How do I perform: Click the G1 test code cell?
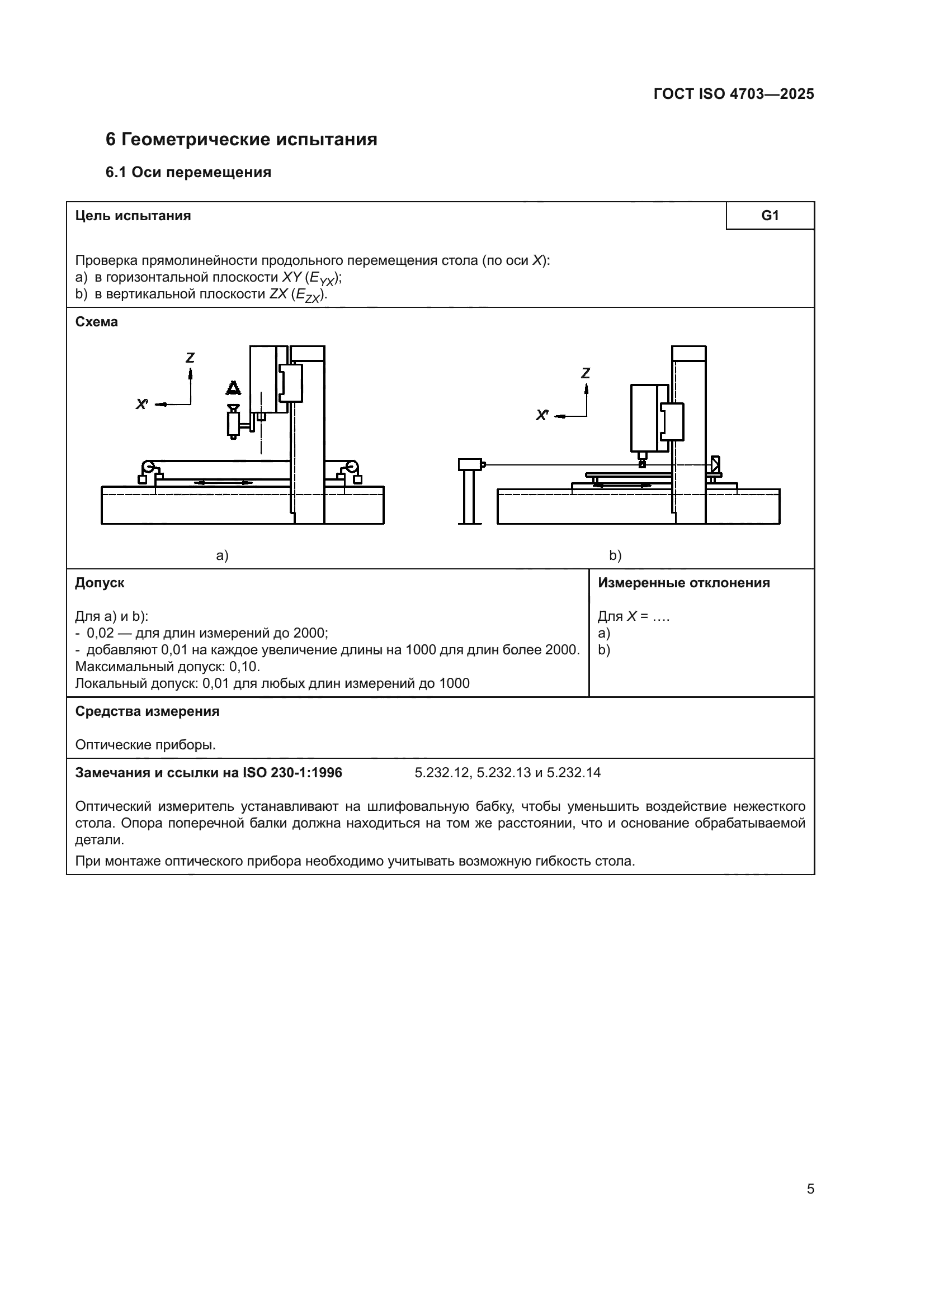[770, 216]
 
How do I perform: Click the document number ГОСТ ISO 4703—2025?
[734, 94]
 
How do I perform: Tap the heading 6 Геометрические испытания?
[241, 140]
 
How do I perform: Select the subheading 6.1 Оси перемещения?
[188, 173]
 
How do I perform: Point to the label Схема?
[96, 322]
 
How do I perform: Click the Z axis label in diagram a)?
[190, 358]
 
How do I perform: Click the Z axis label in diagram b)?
[586, 373]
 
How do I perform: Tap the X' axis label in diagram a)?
[142, 404]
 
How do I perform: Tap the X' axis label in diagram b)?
[542, 416]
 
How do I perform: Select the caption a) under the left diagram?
[222, 555]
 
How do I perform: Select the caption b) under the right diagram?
[615, 555]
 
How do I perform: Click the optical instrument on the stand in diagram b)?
[470, 464]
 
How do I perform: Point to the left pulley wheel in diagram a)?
[149, 468]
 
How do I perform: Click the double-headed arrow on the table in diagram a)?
[223, 483]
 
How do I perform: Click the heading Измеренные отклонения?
[683, 583]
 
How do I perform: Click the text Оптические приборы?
[145, 745]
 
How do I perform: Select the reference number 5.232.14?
[574, 773]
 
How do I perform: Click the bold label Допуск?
[100, 583]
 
